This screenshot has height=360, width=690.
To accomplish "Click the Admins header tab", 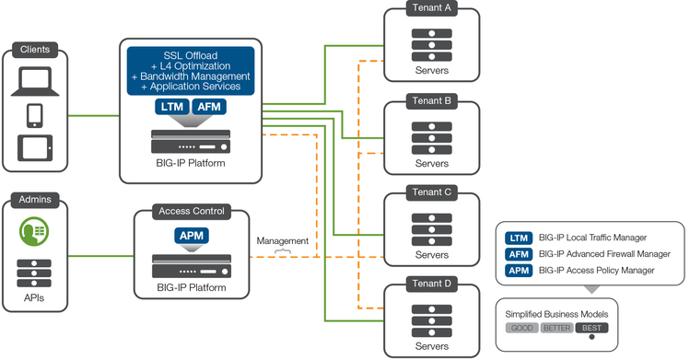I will click(34, 199).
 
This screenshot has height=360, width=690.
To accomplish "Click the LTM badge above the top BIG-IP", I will click(170, 108).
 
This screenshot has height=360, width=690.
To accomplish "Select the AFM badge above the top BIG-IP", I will click(210, 108).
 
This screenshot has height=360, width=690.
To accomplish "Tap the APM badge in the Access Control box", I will click(191, 237).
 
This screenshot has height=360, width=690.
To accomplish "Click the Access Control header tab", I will click(192, 210).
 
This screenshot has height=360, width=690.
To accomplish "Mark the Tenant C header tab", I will click(431, 192).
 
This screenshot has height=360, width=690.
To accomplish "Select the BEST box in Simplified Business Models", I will click(591, 328).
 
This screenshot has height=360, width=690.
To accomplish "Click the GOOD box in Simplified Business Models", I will click(521, 328).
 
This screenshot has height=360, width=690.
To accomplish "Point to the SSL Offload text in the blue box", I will click(191, 54).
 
